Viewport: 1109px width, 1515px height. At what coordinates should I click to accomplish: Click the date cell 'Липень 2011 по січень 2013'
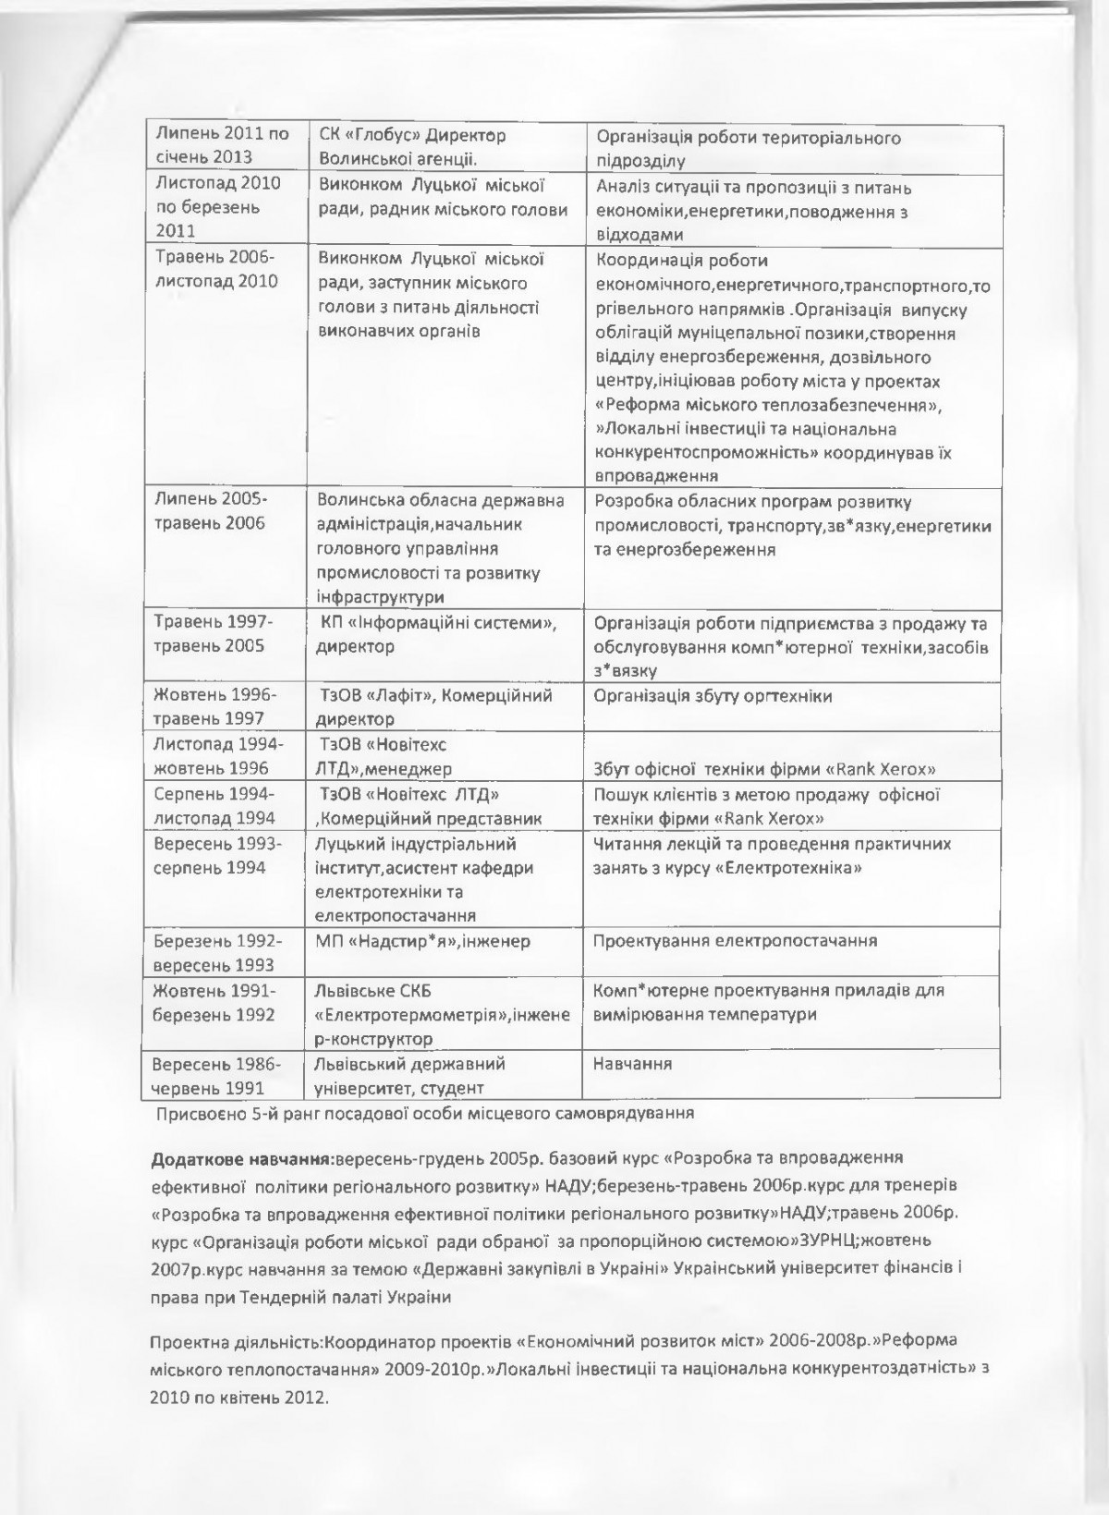pyautogui.click(x=222, y=145)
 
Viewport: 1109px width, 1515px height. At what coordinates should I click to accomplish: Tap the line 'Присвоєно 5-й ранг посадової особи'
pyautogui.click(x=425, y=1113)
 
